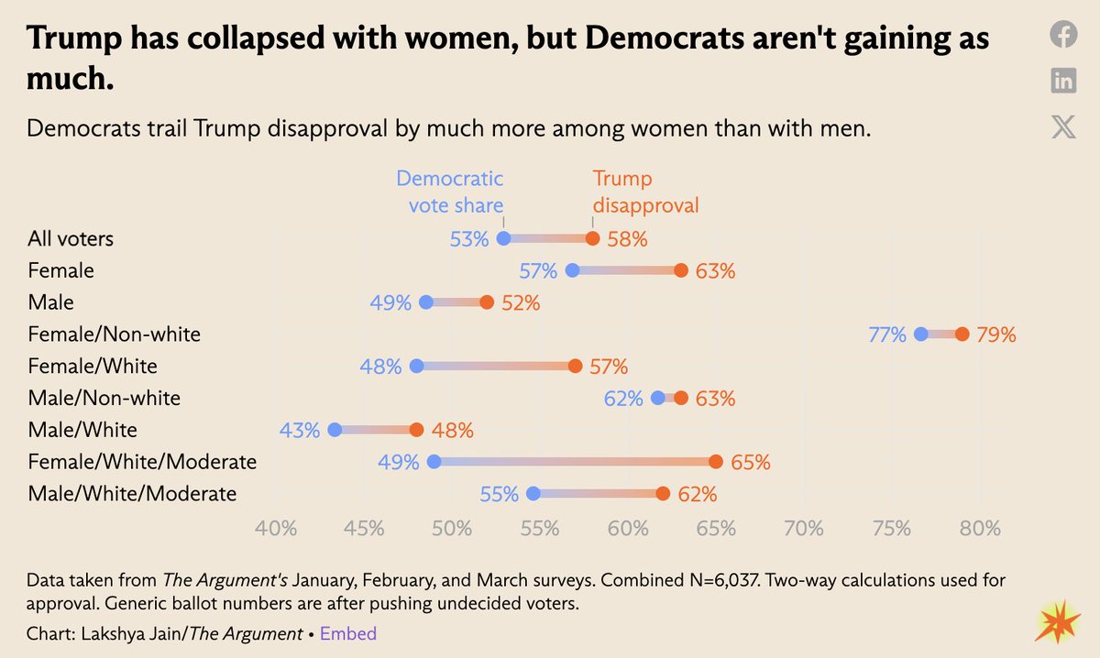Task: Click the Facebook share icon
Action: [x=1063, y=35]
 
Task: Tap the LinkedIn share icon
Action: [x=1063, y=81]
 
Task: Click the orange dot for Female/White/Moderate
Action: [x=716, y=462]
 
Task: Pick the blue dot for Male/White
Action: [x=335, y=430]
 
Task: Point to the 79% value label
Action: [x=996, y=334]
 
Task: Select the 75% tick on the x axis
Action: [x=892, y=529]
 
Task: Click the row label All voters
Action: [x=71, y=239]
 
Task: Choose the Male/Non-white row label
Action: [x=104, y=398]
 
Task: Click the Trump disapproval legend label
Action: [x=645, y=192]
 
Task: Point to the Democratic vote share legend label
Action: [x=450, y=192]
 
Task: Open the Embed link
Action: [x=347, y=633]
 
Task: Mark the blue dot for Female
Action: [x=573, y=270]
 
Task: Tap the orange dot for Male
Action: [x=487, y=302]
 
